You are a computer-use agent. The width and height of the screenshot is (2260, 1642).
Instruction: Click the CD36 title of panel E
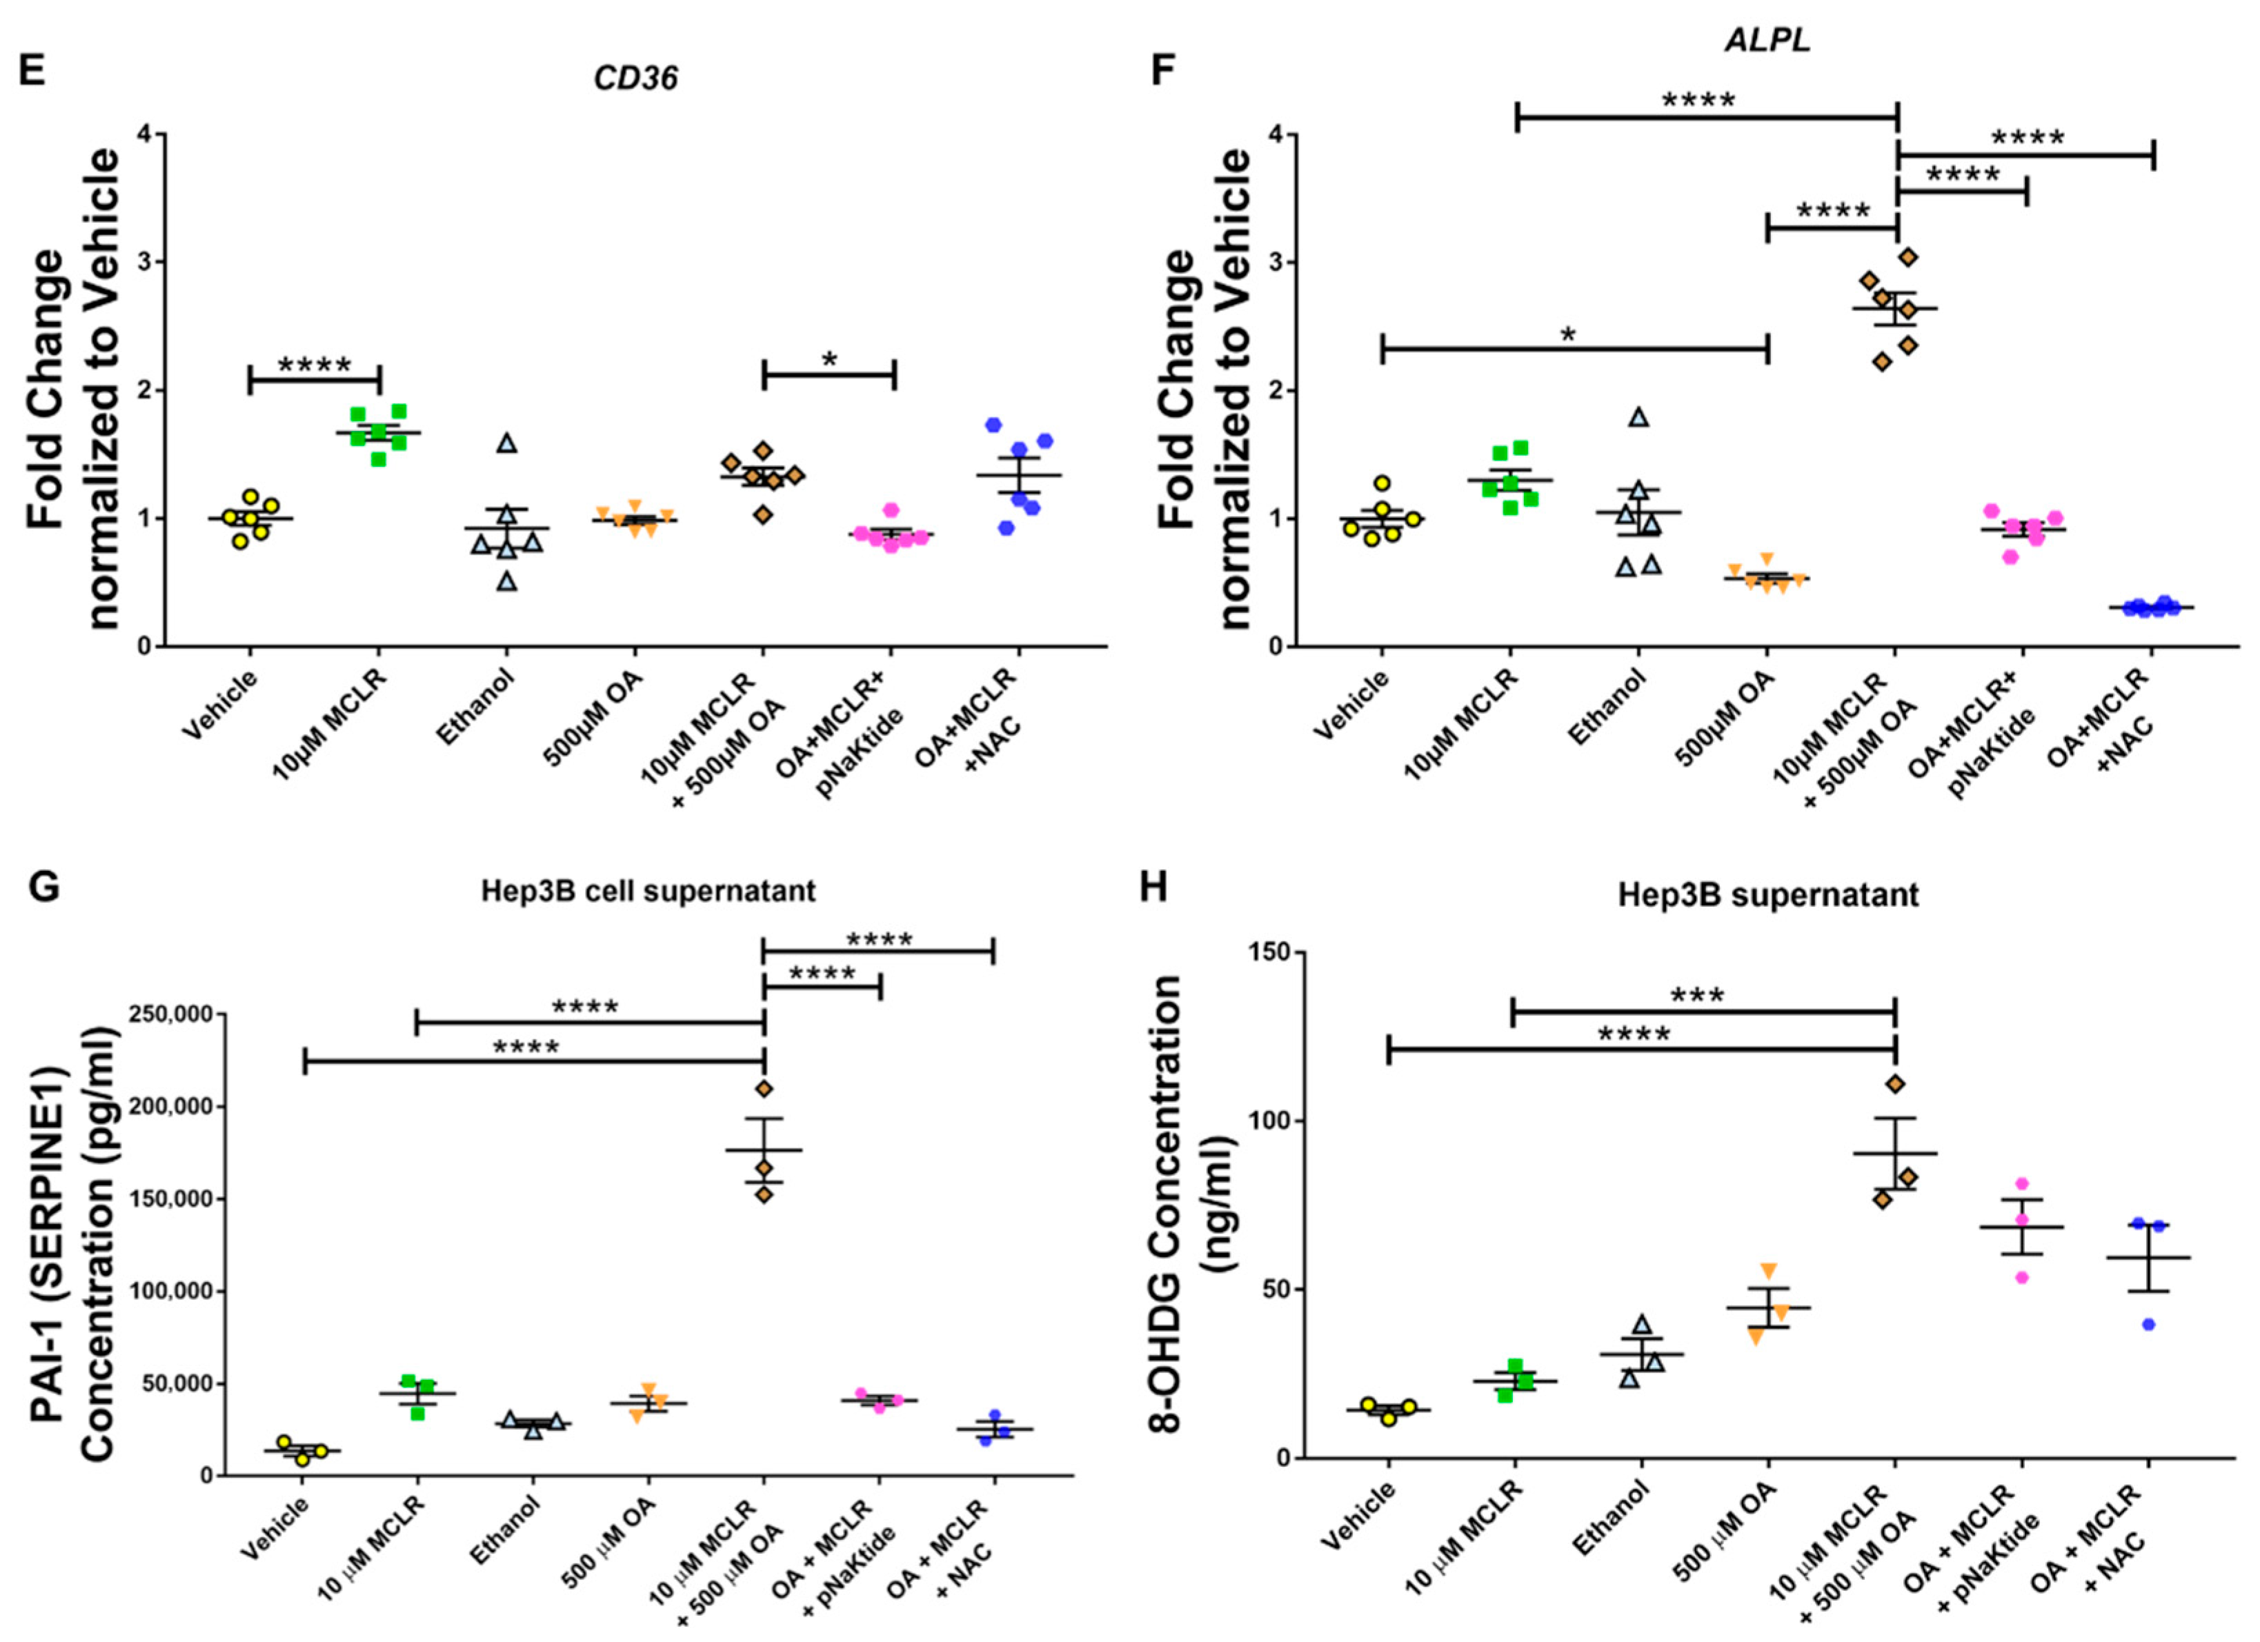(x=636, y=78)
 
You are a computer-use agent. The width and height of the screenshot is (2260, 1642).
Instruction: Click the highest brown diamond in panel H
(x=1894, y=1083)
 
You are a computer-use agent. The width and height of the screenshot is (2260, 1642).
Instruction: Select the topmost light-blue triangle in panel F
(x=1639, y=417)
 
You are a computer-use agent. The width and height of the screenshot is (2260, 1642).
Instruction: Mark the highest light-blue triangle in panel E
(x=506, y=442)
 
